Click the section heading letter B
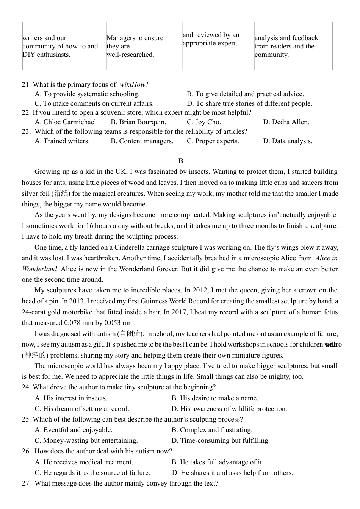click(181, 161)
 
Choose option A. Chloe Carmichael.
click(66, 122)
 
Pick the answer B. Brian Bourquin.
click(138, 122)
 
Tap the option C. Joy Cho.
click(204, 122)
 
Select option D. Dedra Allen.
click(286, 122)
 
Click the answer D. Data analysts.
click(288, 141)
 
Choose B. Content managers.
click(142, 141)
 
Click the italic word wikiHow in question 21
click(132, 84)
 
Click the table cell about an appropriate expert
click(218, 39)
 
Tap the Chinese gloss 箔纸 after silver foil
click(61, 194)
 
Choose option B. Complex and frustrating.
click(212, 430)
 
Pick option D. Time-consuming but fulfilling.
click(221, 440)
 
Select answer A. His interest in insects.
click(71, 398)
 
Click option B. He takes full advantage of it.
click(218, 462)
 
